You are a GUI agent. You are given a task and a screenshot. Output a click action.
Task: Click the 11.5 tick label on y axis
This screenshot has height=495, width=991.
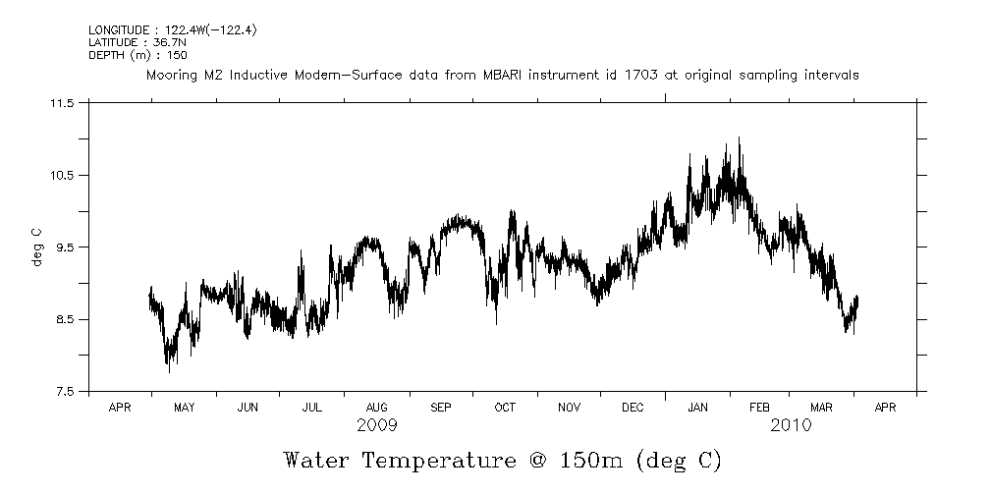61,103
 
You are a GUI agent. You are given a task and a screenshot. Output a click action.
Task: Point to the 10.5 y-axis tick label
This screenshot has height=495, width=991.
61,175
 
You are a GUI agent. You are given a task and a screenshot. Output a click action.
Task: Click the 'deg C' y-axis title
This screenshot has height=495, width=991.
36,247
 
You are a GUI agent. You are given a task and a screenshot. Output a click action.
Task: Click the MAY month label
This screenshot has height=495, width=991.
184,407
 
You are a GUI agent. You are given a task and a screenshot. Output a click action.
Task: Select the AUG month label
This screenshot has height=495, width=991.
376,407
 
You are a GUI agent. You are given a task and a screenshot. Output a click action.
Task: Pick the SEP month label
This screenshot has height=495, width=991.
440,407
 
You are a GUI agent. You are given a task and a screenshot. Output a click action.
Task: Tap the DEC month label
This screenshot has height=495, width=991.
633,407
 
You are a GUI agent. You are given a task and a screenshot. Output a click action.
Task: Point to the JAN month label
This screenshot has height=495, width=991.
697,407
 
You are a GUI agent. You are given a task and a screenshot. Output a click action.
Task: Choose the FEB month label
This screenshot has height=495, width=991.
760,407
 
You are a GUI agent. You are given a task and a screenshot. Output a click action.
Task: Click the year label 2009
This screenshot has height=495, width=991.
377,425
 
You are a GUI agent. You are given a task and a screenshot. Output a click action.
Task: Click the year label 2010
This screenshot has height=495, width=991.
791,425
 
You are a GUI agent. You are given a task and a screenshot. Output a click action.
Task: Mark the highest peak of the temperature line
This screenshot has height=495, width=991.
739,138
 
